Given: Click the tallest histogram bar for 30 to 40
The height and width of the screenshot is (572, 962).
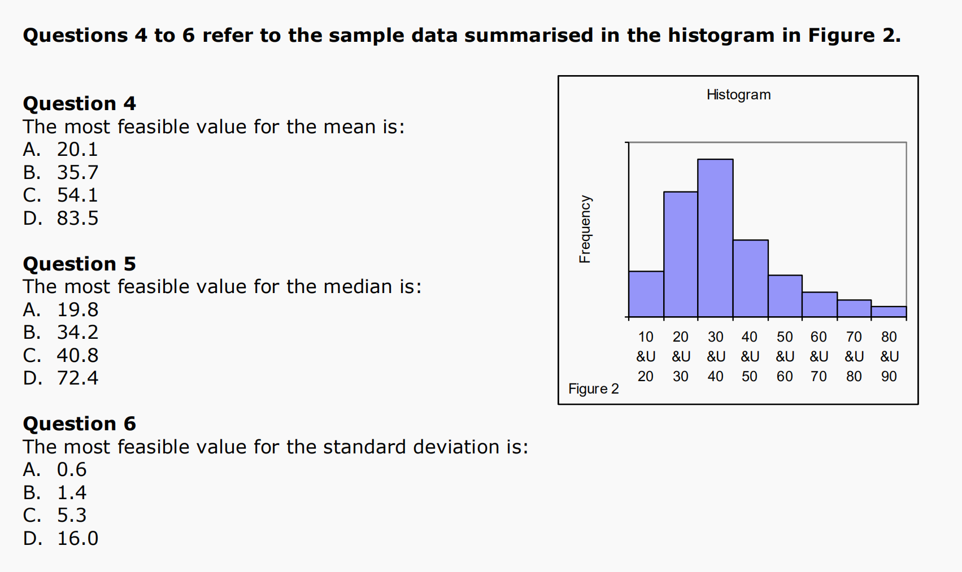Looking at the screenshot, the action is (715, 238).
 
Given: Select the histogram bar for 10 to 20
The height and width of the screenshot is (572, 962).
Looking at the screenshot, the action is (646, 295).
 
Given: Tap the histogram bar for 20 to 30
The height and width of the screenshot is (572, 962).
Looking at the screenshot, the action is (681, 255).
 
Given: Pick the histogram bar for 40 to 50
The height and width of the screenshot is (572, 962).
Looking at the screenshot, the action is (750, 279).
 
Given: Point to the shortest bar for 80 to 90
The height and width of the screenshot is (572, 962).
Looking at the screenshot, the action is (889, 312).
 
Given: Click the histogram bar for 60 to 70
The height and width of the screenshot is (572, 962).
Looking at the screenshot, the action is (820, 305).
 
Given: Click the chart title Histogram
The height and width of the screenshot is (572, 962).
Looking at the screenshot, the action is (739, 95).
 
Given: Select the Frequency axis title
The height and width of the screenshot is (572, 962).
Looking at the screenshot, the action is (585, 229).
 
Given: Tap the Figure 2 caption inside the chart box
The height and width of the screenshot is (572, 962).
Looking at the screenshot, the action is (594, 388).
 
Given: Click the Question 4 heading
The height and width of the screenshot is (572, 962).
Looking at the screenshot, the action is (80, 104).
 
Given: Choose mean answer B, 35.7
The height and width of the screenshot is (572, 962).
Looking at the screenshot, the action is (61, 173).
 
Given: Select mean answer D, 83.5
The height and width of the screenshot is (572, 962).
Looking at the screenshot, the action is (61, 218).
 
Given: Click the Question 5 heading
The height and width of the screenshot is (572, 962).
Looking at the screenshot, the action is (80, 264).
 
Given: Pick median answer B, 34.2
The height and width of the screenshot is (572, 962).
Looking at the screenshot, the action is (61, 333).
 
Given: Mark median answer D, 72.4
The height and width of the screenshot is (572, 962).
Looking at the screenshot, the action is (61, 378).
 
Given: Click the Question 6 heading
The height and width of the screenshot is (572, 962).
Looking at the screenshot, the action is (80, 424).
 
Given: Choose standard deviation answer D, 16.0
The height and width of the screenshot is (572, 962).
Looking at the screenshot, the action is (61, 538).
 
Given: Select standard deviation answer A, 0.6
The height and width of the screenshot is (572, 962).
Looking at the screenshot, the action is (55, 469).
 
